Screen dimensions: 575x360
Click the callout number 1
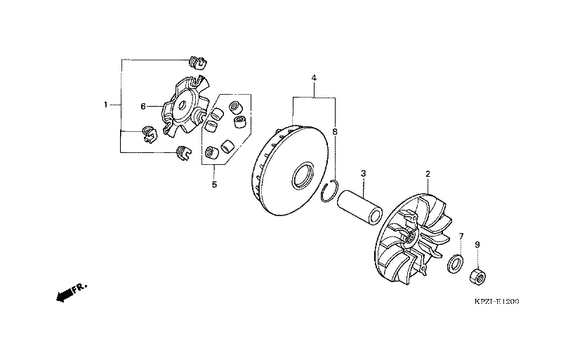tap(105, 105)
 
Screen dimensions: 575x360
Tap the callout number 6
tap(143, 106)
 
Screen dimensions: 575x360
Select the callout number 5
tap(215, 184)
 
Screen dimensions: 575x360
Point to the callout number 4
tap(314, 78)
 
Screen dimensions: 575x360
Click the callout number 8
tap(335, 132)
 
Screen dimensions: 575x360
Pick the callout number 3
tap(364, 173)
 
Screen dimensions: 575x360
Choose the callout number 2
tap(428, 174)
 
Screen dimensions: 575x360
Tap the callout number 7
tap(461, 236)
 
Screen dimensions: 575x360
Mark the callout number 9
tap(477, 244)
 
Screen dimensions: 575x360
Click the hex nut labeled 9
tap(478, 276)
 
